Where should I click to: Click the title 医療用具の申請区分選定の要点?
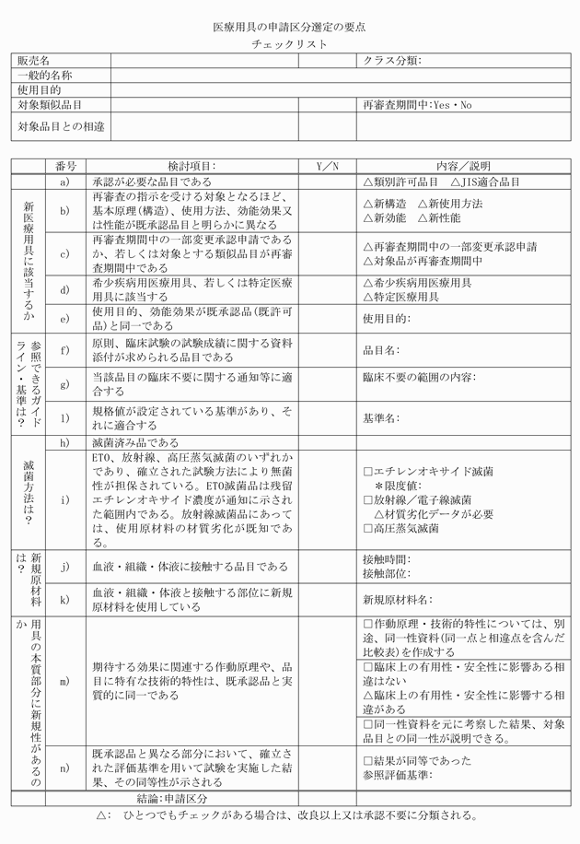(289, 28)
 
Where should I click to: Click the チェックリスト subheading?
(289, 45)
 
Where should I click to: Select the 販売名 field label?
(34, 61)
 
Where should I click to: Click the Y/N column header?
(328, 166)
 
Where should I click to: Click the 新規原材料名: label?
(398, 600)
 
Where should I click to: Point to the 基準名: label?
(380, 417)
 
